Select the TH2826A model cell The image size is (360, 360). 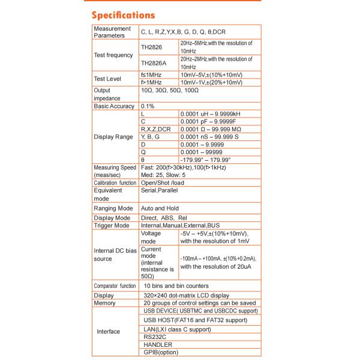tap(155, 62)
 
